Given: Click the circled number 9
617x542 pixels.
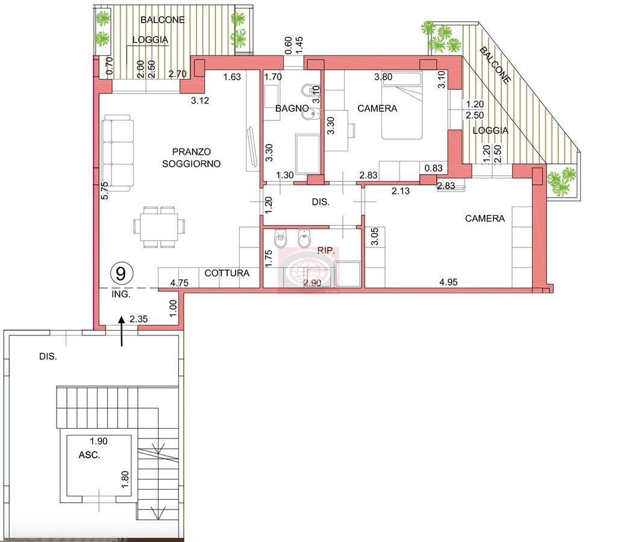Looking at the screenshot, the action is click(121, 273).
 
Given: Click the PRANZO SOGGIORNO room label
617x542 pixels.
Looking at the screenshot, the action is click(191, 158).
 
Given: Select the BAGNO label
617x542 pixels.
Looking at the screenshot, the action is click(292, 108).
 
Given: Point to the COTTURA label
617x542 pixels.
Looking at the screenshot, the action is click(227, 273).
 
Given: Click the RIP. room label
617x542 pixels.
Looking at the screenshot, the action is click(326, 251).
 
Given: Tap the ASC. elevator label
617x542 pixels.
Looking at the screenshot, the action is click(89, 455).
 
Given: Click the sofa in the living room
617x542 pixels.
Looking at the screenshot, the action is click(117, 151).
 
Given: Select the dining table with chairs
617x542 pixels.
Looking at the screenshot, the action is click(159, 227).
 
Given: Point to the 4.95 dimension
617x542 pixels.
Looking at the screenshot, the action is click(448, 282).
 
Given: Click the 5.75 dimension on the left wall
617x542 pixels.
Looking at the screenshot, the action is click(105, 190).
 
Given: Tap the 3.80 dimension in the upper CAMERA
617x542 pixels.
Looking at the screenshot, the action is click(383, 76).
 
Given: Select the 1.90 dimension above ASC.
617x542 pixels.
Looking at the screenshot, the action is click(98, 441).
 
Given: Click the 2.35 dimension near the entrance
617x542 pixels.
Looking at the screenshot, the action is click(139, 319).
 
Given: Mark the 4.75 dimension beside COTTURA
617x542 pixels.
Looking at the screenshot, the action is click(179, 283).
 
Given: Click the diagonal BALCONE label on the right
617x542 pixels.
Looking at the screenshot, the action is click(495, 65).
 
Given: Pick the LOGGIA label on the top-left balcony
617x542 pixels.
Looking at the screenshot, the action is click(150, 40).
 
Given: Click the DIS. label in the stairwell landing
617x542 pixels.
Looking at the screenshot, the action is click(48, 357).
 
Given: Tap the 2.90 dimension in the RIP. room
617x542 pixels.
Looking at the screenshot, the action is click(313, 283).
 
